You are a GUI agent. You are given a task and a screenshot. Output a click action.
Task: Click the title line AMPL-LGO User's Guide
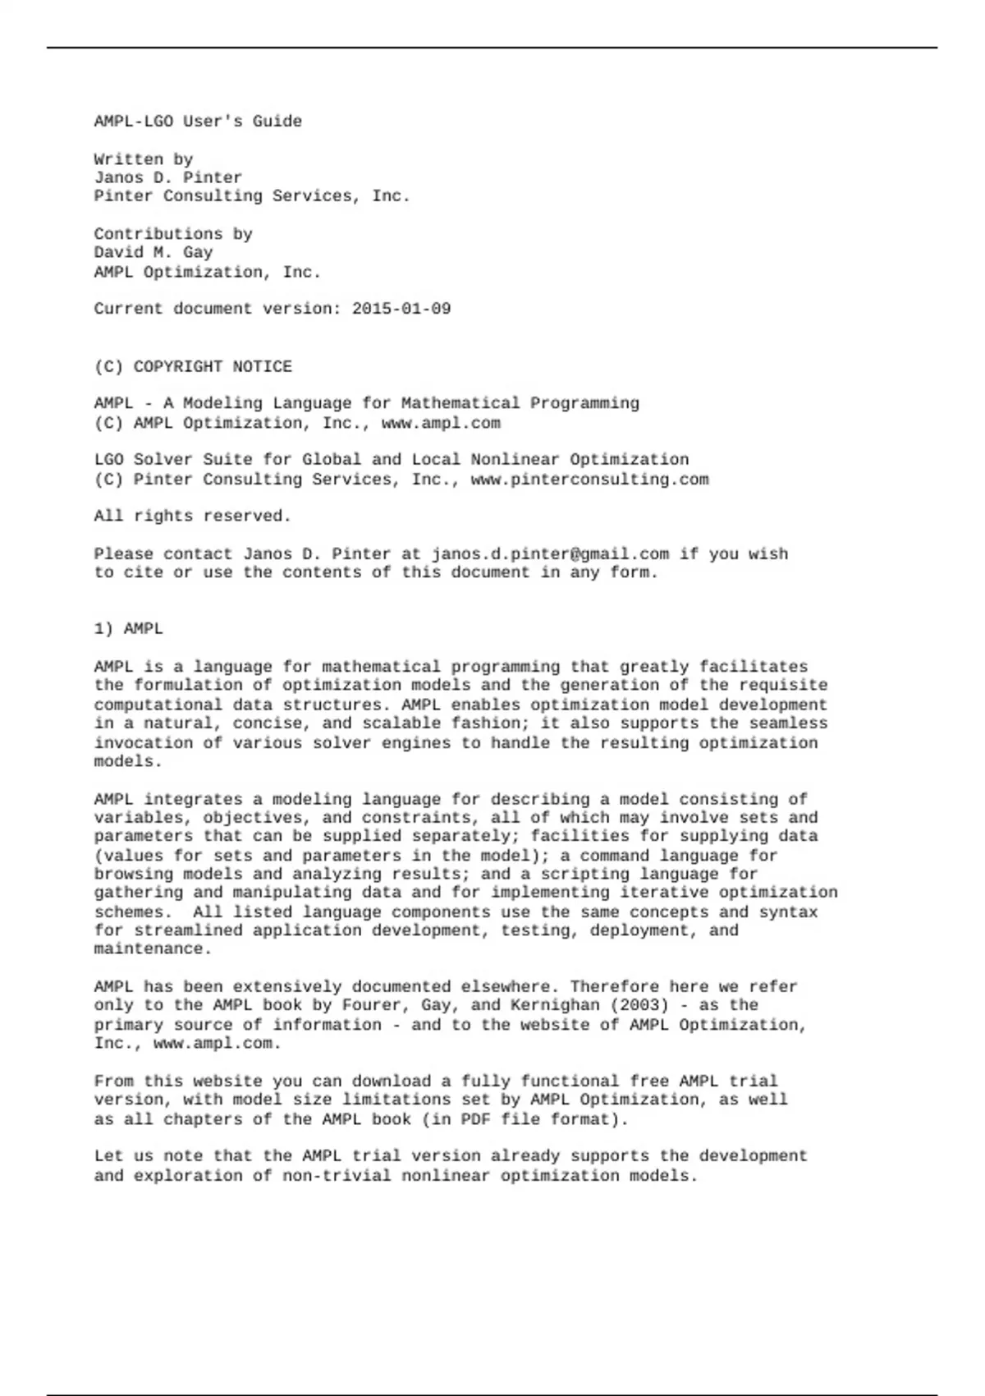click(x=198, y=122)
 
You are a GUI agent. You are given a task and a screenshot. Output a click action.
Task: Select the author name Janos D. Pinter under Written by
click(x=168, y=177)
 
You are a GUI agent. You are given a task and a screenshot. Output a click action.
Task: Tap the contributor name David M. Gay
click(x=153, y=252)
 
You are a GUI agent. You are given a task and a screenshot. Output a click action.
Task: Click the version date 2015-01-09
click(x=401, y=309)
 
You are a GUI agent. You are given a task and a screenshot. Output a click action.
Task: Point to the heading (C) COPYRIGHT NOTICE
click(x=193, y=366)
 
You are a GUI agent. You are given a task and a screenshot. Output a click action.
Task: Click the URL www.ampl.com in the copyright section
click(x=441, y=423)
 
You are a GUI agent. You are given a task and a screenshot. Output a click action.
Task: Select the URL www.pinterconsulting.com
click(x=589, y=480)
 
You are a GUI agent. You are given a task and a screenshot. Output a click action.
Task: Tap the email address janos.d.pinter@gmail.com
click(x=550, y=553)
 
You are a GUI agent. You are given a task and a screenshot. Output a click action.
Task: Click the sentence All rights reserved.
click(x=193, y=516)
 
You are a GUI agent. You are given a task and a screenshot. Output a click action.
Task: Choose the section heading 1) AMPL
click(x=129, y=629)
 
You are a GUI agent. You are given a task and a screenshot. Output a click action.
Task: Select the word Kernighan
click(x=555, y=1005)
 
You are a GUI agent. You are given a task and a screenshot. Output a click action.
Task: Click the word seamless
click(x=788, y=723)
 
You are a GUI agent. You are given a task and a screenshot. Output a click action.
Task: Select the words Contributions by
click(x=173, y=234)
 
